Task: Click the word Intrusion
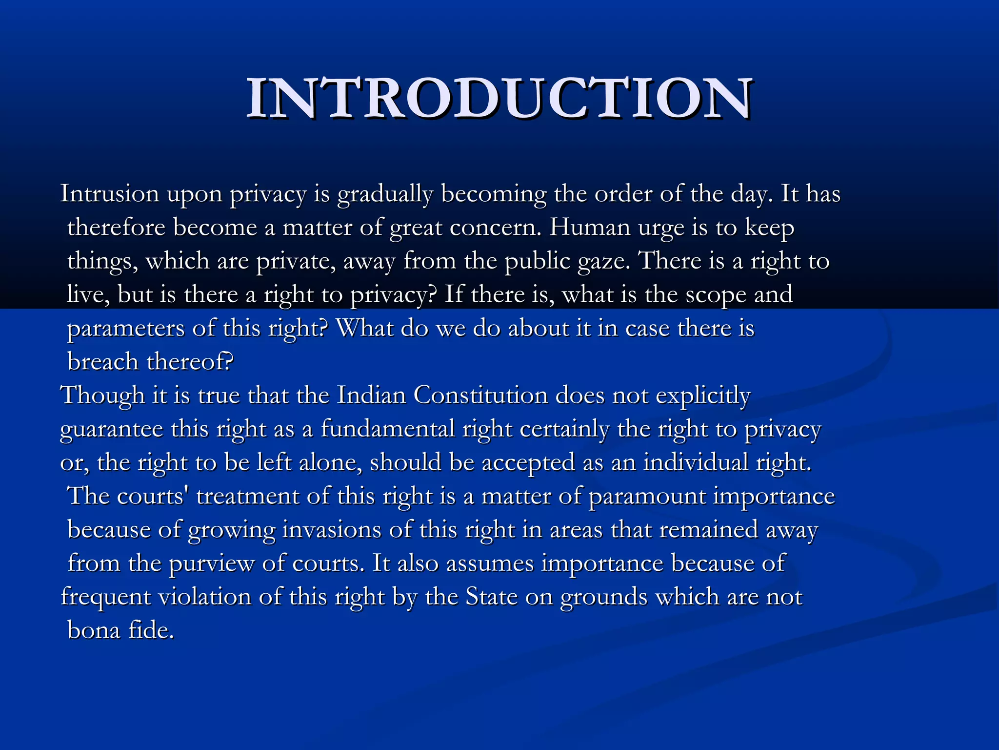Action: [x=109, y=194]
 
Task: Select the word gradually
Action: [x=385, y=195]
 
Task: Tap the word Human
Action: [x=590, y=228]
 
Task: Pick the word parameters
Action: [x=125, y=329]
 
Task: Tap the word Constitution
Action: [x=480, y=396]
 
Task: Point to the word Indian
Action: [x=371, y=396]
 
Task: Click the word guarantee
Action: [x=111, y=430]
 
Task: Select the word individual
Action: [x=696, y=462]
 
